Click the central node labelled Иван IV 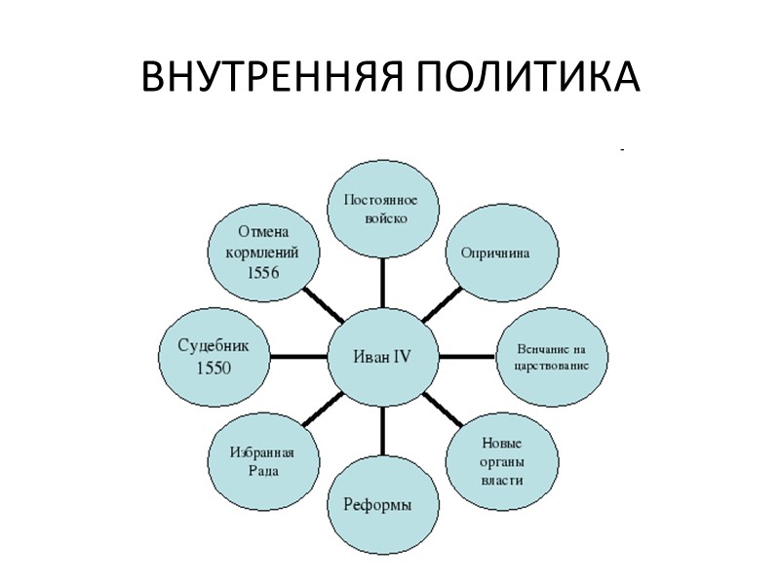tap(381, 357)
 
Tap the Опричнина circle tap(502, 253)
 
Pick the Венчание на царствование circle tap(552, 357)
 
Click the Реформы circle tap(381, 504)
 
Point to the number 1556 tap(262, 272)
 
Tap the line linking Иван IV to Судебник tap(296, 357)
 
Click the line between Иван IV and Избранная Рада tap(322, 410)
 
